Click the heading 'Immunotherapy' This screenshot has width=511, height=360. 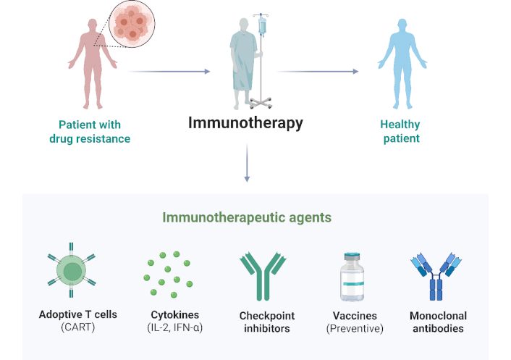coord(245,122)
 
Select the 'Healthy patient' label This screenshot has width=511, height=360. coord(400,131)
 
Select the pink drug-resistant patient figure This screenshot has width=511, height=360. coord(91,62)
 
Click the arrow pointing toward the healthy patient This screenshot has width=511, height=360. coord(318,71)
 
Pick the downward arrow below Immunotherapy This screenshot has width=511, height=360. coord(247,163)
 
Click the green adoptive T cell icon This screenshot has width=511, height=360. coord(72,273)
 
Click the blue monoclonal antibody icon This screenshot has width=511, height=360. coord(436,276)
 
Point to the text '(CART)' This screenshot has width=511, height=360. coord(78,327)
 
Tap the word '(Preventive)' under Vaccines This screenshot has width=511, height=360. coord(355,328)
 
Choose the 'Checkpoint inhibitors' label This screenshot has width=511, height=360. coord(264,322)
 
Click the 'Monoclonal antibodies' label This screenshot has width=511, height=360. coord(438,322)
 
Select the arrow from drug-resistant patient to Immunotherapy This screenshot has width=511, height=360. coord(169,71)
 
